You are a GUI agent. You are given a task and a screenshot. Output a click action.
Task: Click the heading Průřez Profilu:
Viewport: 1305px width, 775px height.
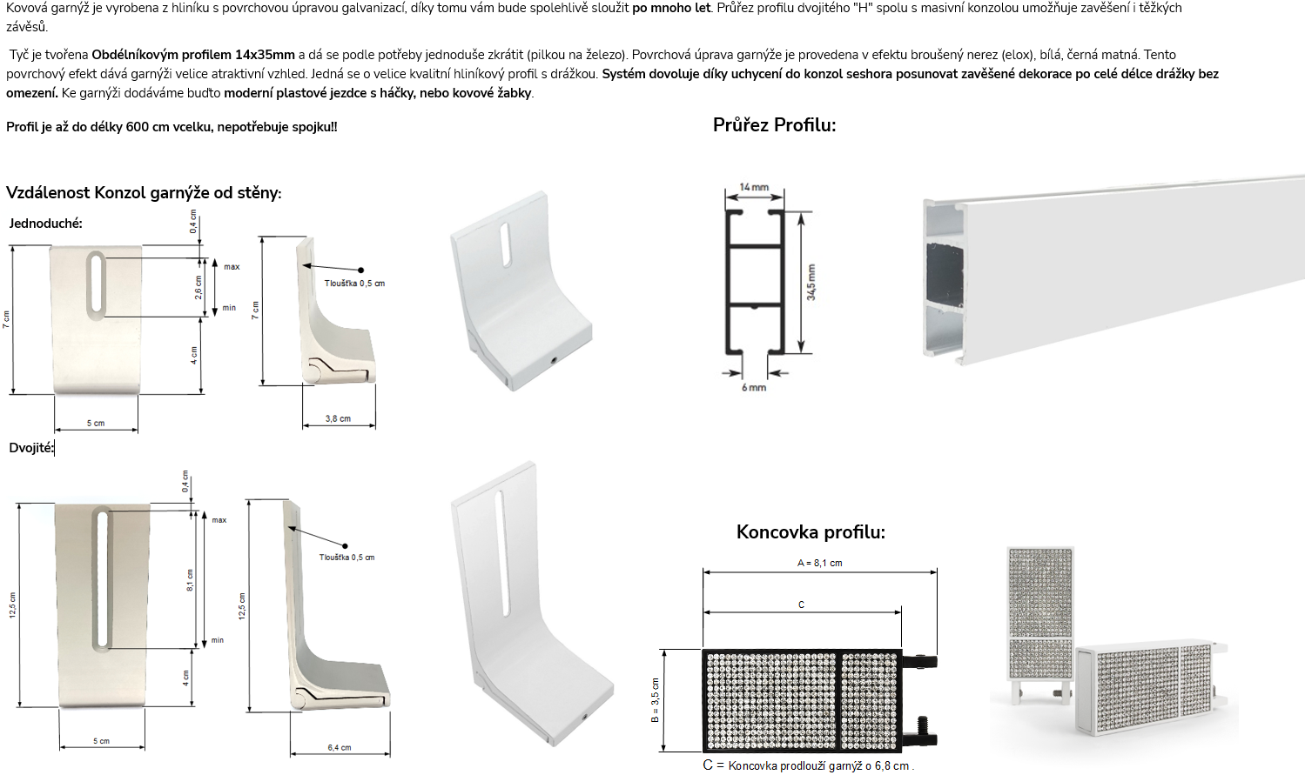(774, 125)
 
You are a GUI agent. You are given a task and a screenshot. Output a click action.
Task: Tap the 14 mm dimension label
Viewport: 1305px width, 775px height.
(754, 187)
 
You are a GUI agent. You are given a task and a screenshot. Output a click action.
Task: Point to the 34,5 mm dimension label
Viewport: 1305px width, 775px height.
(811, 283)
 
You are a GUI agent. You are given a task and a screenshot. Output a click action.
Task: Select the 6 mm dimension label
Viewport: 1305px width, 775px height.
(754, 387)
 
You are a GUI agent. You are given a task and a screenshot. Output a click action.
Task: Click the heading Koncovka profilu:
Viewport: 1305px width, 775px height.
(811, 531)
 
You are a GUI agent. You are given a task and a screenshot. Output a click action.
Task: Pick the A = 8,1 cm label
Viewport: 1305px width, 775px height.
(820, 563)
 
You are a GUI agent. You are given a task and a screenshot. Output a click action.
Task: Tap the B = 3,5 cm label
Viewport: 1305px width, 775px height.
(656, 700)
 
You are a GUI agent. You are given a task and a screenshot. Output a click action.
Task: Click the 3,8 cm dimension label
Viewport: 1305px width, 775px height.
(338, 418)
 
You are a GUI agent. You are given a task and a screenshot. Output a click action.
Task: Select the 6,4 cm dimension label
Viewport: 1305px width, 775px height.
(339, 748)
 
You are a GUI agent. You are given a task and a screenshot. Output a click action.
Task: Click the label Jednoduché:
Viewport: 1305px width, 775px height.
(45, 224)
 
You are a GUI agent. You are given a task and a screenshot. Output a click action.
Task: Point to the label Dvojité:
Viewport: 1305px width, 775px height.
(30, 448)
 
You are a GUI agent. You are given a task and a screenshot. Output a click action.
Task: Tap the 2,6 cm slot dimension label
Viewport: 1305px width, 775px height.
(198, 288)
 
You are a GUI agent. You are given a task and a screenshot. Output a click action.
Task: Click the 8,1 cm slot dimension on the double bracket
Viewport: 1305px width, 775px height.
(190, 580)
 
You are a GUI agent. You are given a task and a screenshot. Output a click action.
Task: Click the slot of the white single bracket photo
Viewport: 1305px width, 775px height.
(506, 244)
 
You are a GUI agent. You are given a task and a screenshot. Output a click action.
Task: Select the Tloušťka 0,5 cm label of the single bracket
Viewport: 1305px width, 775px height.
(355, 284)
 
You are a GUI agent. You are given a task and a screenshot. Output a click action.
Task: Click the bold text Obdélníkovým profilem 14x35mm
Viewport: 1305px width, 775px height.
(193, 55)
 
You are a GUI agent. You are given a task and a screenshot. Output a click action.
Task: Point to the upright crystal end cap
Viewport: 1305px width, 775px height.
(1040, 623)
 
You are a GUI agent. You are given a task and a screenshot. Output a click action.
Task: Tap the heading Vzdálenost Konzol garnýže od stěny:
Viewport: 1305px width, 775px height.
(144, 193)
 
